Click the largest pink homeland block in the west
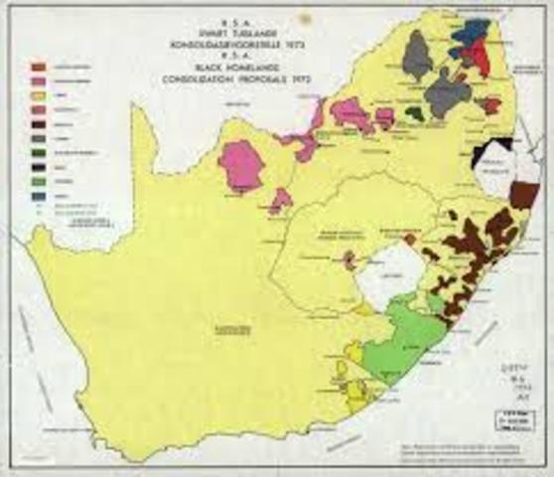(240, 164)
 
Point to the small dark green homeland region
(416, 114)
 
